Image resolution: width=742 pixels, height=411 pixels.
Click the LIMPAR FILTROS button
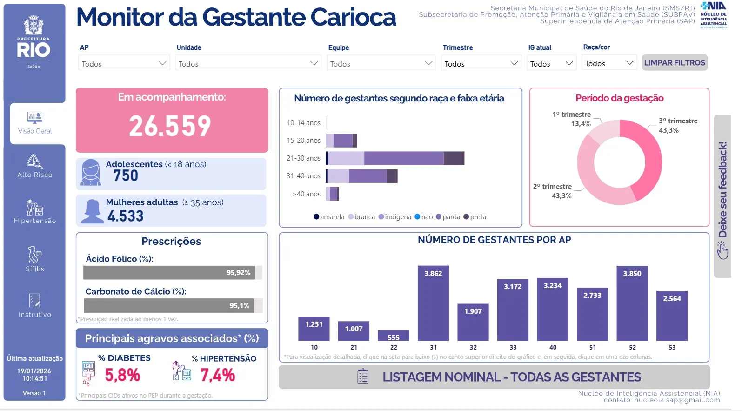(x=675, y=62)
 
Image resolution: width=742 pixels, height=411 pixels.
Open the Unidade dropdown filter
(x=248, y=63)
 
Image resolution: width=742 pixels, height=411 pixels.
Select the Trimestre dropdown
(x=481, y=63)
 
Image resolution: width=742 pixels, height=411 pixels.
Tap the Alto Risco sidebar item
(x=35, y=166)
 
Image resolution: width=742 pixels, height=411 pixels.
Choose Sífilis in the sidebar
(x=35, y=259)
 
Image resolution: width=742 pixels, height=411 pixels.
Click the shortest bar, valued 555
(x=394, y=336)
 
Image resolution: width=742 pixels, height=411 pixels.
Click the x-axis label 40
(x=553, y=347)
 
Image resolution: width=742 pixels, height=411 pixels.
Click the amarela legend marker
(x=316, y=217)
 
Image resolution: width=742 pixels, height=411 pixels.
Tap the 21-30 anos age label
(x=303, y=158)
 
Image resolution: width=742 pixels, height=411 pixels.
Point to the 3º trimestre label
(x=678, y=121)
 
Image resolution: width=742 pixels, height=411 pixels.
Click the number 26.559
(x=170, y=126)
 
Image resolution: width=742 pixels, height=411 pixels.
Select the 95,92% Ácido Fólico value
(x=238, y=273)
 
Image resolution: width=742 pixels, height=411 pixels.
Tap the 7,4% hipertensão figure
(x=217, y=375)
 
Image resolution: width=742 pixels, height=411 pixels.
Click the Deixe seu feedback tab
(x=722, y=195)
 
